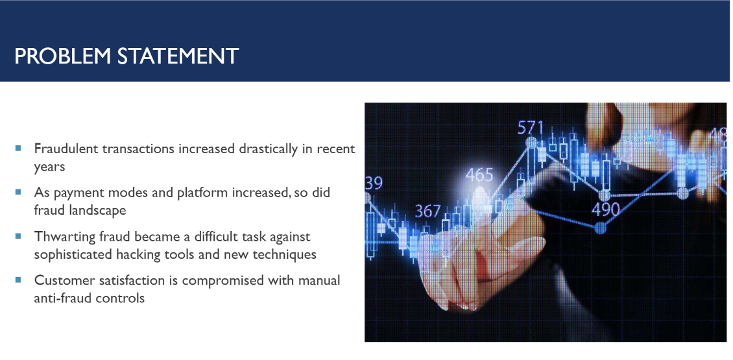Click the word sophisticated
(x=73, y=255)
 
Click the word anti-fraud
(x=61, y=298)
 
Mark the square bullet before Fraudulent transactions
(x=18, y=148)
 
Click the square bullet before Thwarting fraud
(x=18, y=236)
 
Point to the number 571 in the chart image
(x=531, y=128)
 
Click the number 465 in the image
(x=479, y=175)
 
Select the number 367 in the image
(x=427, y=211)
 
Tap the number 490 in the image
(x=606, y=210)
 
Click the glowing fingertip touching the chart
(x=480, y=192)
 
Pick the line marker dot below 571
(x=531, y=142)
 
